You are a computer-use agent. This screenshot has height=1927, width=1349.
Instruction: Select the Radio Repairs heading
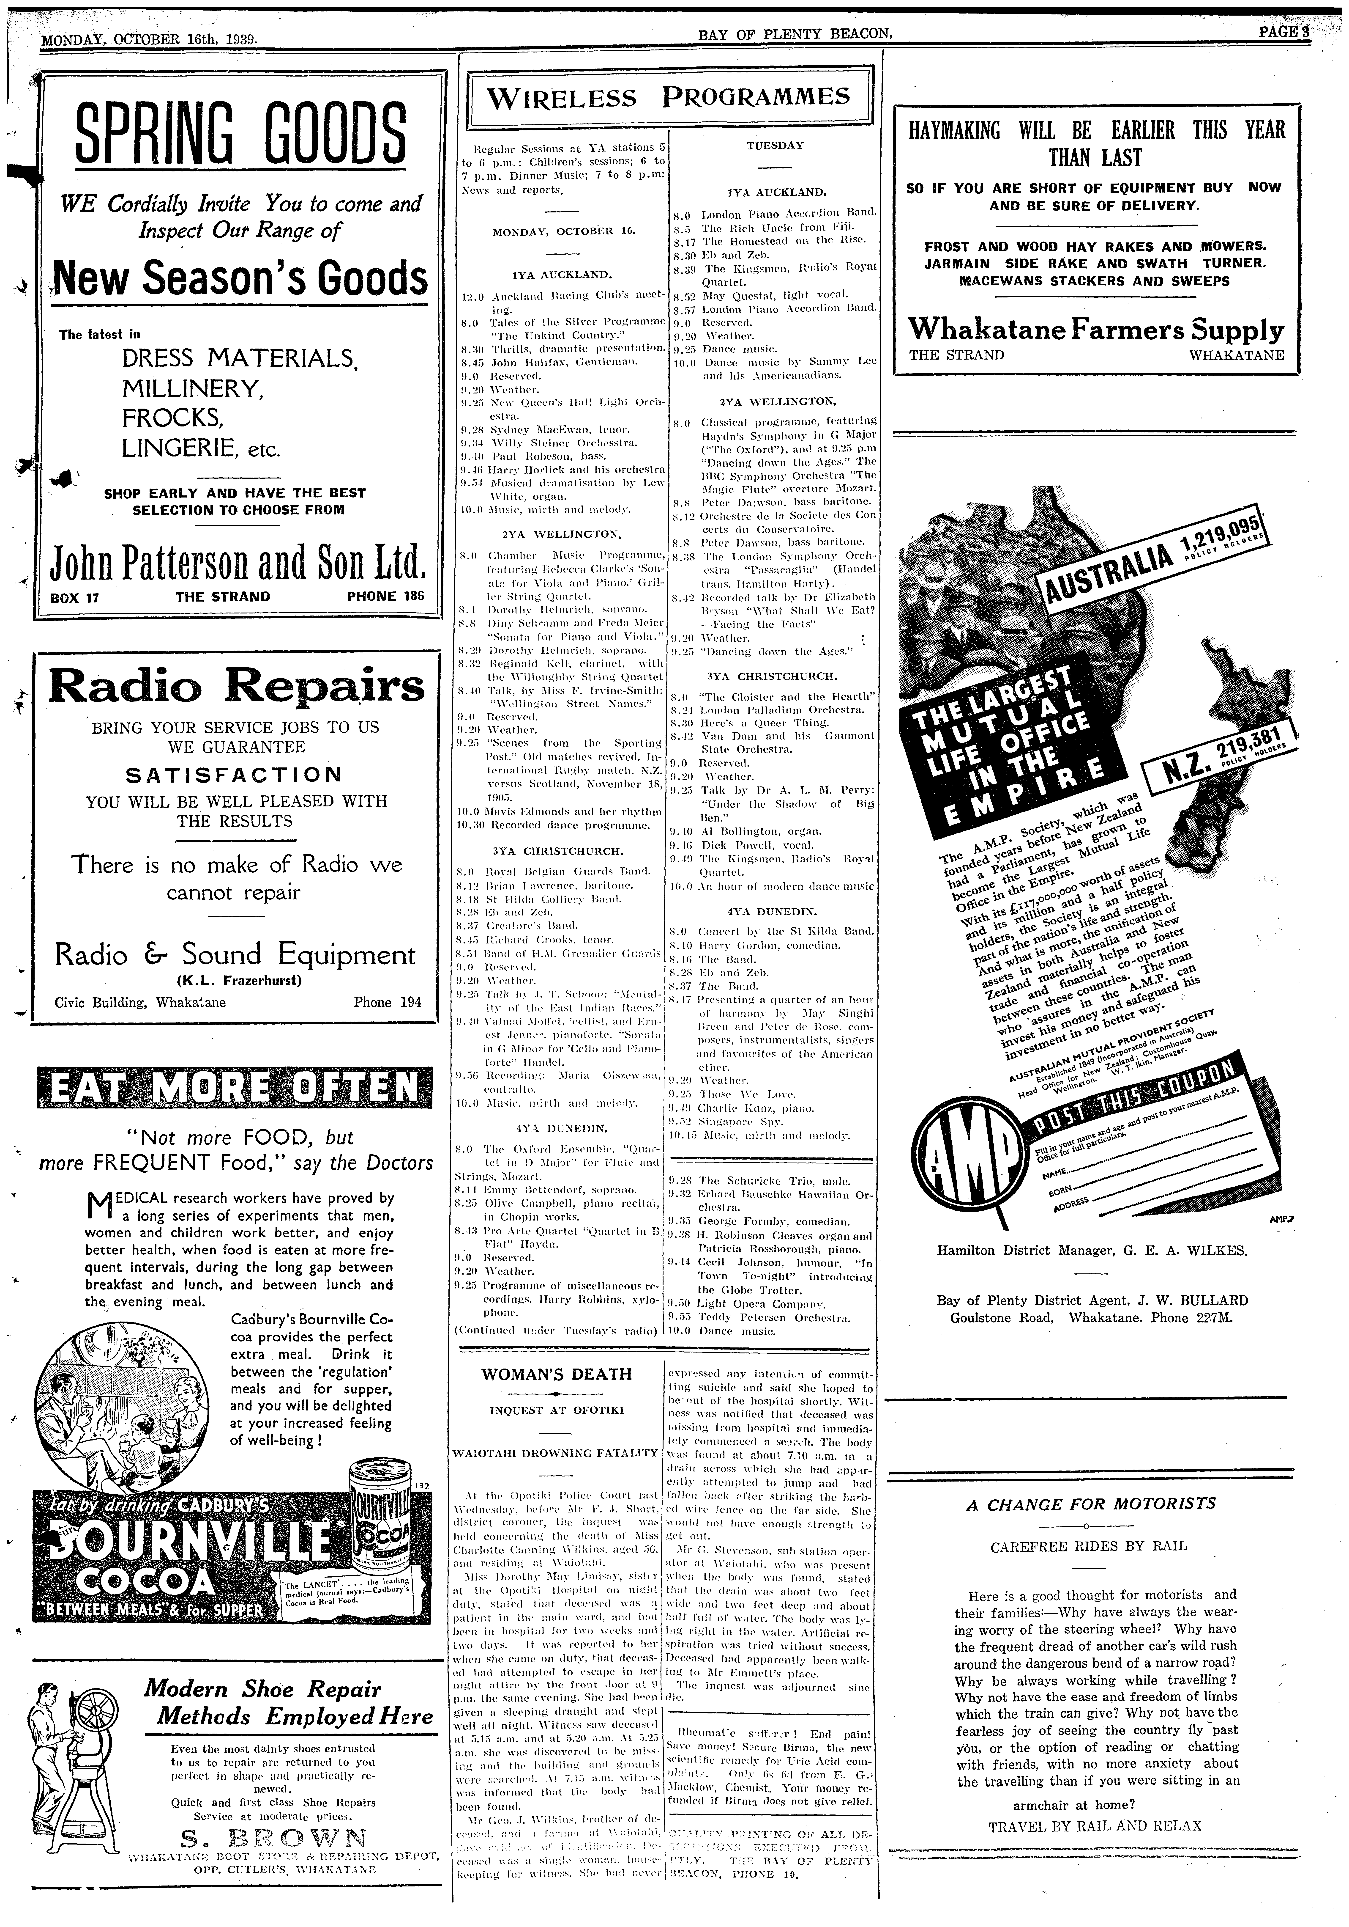(x=237, y=687)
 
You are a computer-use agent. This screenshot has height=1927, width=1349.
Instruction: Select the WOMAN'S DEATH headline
(x=556, y=1374)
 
